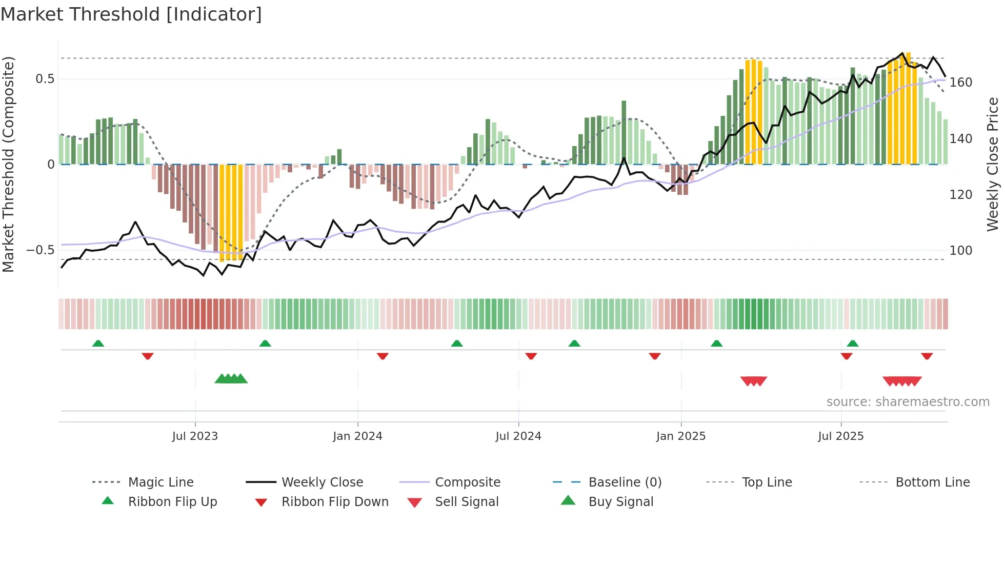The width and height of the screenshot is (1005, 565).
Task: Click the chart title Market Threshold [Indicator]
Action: [x=131, y=14]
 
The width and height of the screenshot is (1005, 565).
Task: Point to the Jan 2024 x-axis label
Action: [x=357, y=436]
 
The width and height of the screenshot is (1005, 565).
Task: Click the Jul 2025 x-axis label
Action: [x=840, y=436]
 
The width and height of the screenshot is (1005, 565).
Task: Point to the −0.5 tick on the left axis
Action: [x=40, y=250]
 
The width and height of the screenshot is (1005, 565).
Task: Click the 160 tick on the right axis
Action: [x=960, y=83]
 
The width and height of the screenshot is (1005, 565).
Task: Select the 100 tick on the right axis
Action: [x=960, y=251]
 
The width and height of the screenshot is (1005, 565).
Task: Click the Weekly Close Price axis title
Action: [x=993, y=164]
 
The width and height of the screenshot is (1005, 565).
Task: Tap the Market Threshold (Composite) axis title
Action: [x=8, y=164]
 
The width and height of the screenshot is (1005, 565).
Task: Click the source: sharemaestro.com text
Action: [x=908, y=402]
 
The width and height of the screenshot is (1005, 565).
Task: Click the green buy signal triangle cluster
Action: [x=231, y=379]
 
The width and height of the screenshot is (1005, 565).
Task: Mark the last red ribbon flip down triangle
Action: [x=927, y=356]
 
